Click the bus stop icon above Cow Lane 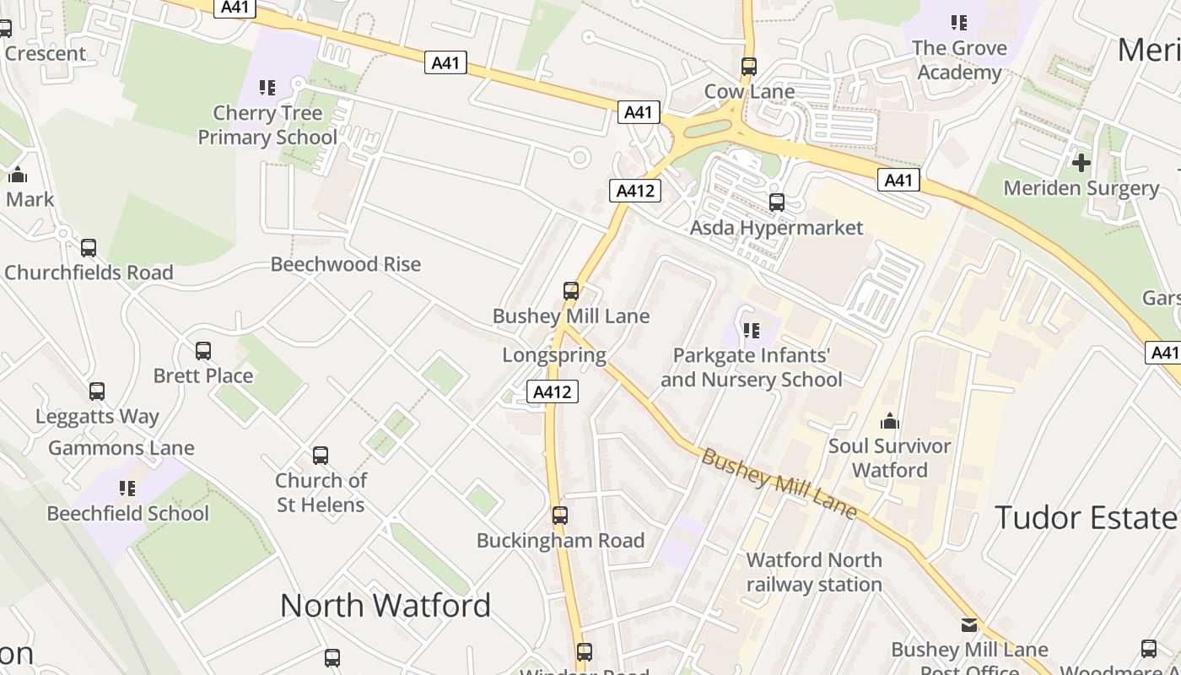click(748, 66)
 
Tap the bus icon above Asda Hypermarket click(777, 202)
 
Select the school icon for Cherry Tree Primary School click(267, 87)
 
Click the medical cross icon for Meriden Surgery click(1081, 162)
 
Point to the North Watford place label click(386, 605)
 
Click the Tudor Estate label click(1087, 517)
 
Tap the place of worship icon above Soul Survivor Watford click(890, 421)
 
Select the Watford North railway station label click(814, 572)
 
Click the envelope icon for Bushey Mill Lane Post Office click(969, 625)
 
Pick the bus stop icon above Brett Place click(203, 351)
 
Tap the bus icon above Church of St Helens click(321, 456)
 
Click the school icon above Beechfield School click(127, 488)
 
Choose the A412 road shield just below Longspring click(553, 391)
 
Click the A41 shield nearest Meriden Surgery click(898, 180)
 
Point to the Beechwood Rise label click(345, 264)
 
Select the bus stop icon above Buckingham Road click(559, 516)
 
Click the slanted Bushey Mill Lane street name click(779, 483)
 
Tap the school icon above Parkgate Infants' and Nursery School click(751, 330)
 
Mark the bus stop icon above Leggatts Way click(97, 391)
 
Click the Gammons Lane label click(121, 448)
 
